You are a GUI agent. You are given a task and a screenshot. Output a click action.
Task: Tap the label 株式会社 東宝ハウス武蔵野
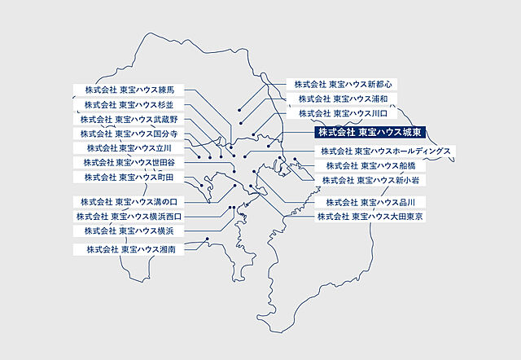[134, 119]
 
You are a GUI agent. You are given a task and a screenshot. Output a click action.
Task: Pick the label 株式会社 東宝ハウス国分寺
[134, 134]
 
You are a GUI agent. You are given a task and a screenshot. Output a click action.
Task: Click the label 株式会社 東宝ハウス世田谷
[134, 162]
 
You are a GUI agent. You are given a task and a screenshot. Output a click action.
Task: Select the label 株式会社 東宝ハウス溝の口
[134, 201]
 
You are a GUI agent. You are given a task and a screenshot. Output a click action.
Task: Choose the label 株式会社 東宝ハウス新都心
[343, 84]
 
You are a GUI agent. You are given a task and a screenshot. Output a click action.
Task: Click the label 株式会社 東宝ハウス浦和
[342, 99]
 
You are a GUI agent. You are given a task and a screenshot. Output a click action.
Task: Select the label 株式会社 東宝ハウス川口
[342, 114]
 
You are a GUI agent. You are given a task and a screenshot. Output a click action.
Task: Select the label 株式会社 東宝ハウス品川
[370, 201]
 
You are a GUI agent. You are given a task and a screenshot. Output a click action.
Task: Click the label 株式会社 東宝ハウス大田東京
[370, 217]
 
